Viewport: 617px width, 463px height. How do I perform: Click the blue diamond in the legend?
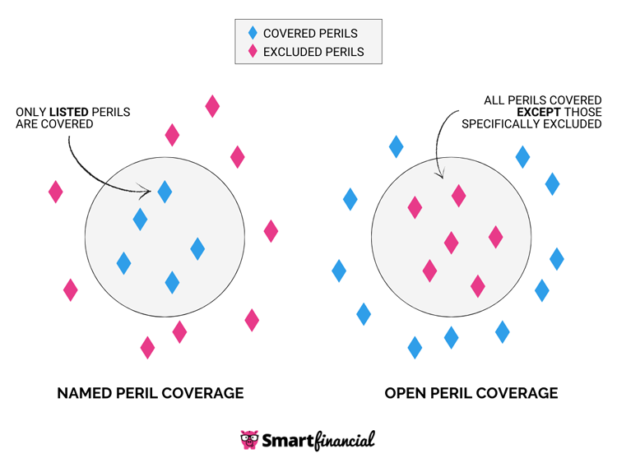[253, 34]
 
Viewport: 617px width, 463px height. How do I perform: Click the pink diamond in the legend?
[253, 52]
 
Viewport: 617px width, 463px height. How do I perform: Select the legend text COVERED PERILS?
[310, 34]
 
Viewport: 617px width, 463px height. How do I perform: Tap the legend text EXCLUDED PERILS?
[313, 52]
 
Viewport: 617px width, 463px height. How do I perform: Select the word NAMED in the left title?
[83, 393]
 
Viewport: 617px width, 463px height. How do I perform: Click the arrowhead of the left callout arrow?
[148, 193]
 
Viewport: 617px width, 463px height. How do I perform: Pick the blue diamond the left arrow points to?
[165, 192]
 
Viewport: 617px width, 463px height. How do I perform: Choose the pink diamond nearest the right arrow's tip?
[458, 196]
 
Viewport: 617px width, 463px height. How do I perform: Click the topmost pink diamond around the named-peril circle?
[212, 106]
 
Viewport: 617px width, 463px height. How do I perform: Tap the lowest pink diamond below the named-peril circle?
[147, 348]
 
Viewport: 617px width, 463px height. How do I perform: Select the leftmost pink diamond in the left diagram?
[55, 192]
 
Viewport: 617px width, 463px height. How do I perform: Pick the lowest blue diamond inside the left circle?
[172, 282]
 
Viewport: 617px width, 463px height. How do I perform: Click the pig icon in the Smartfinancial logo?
[249, 440]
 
